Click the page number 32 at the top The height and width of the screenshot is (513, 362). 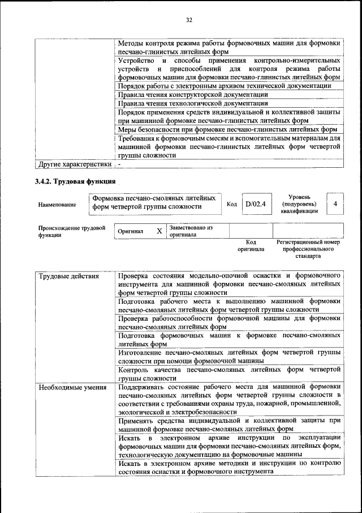point(189,20)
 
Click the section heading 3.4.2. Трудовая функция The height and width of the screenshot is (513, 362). point(75,182)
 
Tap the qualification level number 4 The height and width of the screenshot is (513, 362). point(335,203)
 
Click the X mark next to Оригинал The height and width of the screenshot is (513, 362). point(159,231)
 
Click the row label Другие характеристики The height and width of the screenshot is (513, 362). point(74,164)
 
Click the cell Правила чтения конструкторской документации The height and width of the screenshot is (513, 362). point(192,95)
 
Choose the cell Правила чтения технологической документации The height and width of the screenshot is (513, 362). point(192,103)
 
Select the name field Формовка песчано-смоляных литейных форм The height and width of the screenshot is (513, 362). point(154,202)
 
